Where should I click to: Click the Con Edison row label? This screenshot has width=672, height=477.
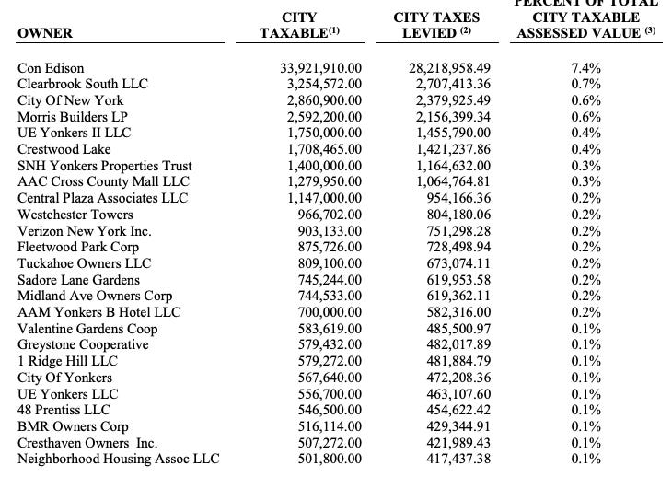pos(52,68)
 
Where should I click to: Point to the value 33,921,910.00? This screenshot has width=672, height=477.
pos(320,68)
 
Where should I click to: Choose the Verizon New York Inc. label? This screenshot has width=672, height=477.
pos(85,231)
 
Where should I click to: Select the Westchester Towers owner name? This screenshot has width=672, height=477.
pos(75,215)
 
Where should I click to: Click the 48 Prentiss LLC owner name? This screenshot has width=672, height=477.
pos(63,411)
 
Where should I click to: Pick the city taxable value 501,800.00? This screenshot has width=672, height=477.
pos(330,460)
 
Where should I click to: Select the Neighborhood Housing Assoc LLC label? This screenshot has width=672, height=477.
pos(119,460)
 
